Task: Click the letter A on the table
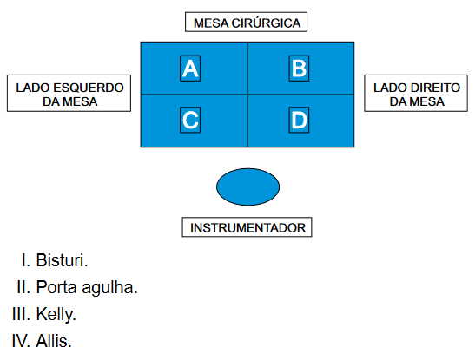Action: pyautogui.click(x=190, y=69)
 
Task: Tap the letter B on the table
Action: pyautogui.click(x=299, y=69)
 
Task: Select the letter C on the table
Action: pyautogui.click(x=190, y=120)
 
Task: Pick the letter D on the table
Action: pyautogui.click(x=299, y=120)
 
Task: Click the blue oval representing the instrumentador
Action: pyautogui.click(x=247, y=187)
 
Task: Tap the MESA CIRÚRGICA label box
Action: pyautogui.click(x=246, y=22)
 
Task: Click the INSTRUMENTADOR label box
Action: pyautogui.click(x=247, y=227)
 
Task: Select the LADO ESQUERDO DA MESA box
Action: pyautogui.click(x=69, y=93)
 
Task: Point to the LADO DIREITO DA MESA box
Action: pyautogui.click(x=416, y=93)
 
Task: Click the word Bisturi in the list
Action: pyautogui.click(x=62, y=260)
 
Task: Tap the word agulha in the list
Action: pyautogui.click(x=109, y=287)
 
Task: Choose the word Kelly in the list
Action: pyautogui.click(x=56, y=314)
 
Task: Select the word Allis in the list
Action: pyautogui.click(x=54, y=341)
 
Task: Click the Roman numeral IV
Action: pyautogui.click(x=21, y=341)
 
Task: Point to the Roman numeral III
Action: pyautogui.click(x=21, y=314)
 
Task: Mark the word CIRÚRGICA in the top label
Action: pyautogui.click(x=266, y=23)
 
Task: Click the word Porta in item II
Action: pyautogui.click(x=56, y=287)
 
